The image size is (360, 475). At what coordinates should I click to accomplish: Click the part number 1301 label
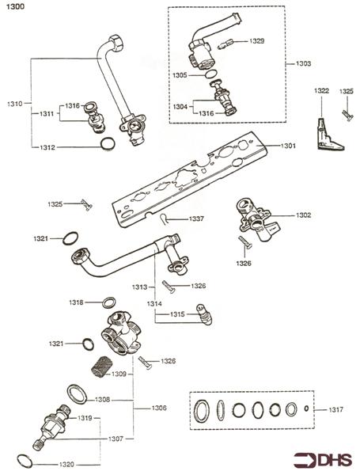(288, 146)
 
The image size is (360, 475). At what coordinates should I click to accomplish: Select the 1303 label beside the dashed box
(303, 63)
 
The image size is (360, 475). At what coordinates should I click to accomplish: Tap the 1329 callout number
(257, 41)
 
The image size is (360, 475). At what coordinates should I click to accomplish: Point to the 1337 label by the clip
(196, 218)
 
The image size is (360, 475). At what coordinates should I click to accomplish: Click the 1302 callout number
(303, 215)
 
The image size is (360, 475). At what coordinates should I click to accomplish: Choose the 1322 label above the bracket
(321, 91)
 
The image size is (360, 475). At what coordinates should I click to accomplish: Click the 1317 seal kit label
(336, 409)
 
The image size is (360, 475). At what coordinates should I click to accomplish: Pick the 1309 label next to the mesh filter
(119, 374)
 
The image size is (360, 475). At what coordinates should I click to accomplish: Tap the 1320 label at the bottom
(66, 465)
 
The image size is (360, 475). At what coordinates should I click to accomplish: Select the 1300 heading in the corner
(16, 6)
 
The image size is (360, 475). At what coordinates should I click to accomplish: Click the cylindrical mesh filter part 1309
(101, 367)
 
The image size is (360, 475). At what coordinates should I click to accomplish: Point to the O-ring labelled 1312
(108, 143)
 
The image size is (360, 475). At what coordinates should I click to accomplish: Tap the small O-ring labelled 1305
(211, 74)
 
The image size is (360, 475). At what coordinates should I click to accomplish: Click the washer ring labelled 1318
(108, 302)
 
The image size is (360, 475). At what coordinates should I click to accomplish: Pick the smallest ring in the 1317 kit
(306, 408)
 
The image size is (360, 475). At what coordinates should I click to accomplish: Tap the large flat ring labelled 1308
(78, 394)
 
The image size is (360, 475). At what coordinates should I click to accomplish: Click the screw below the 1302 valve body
(245, 243)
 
